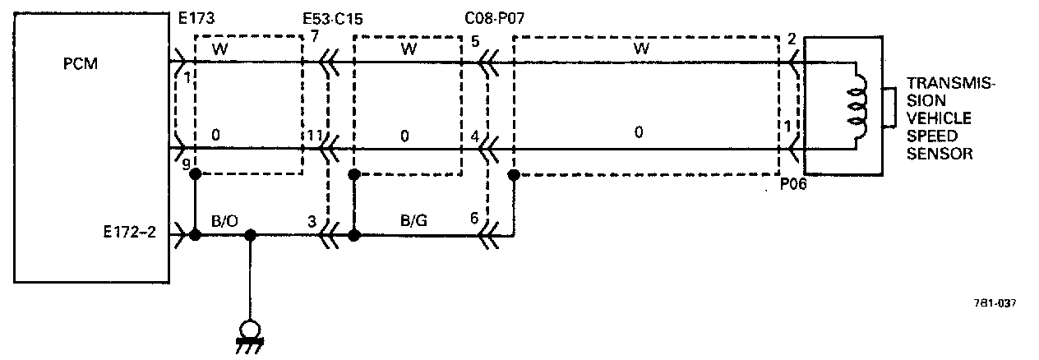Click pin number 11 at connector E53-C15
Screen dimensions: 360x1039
pyautogui.click(x=315, y=135)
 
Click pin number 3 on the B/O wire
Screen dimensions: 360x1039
pyautogui.click(x=312, y=221)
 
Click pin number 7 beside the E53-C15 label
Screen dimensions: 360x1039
pyautogui.click(x=316, y=36)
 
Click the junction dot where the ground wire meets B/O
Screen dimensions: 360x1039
pyautogui.click(x=252, y=235)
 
